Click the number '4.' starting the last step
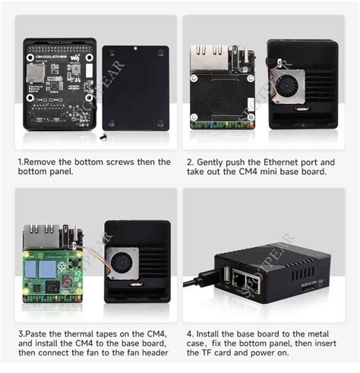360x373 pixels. coord(190,334)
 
